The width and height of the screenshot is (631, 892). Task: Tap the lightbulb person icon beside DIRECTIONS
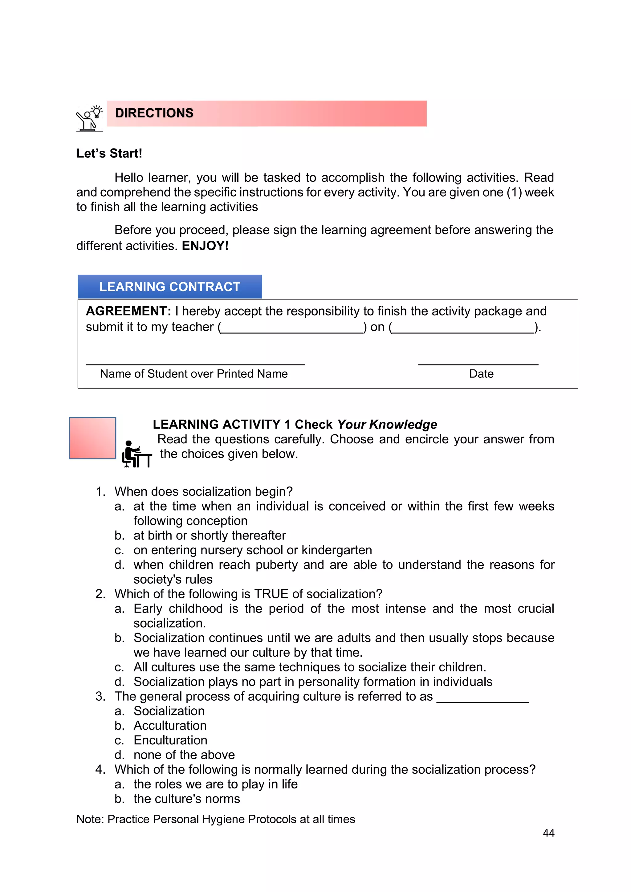(90, 118)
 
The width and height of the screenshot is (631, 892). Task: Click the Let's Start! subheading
(109, 153)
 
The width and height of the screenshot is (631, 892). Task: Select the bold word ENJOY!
(205, 246)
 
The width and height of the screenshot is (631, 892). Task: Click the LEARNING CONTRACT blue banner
(170, 287)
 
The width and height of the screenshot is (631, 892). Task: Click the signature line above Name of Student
(195, 364)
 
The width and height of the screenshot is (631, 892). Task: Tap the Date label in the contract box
(481, 374)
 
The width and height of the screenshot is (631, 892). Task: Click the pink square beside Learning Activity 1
(92, 438)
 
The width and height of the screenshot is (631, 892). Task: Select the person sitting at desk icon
(136, 454)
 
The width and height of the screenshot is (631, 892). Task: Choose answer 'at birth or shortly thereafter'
(210, 536)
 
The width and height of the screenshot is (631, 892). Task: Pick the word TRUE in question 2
(271, 594)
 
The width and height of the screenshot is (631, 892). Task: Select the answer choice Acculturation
(170, 726)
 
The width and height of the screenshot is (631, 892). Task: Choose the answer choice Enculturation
(170, 740)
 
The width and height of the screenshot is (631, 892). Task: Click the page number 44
(548, 833)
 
